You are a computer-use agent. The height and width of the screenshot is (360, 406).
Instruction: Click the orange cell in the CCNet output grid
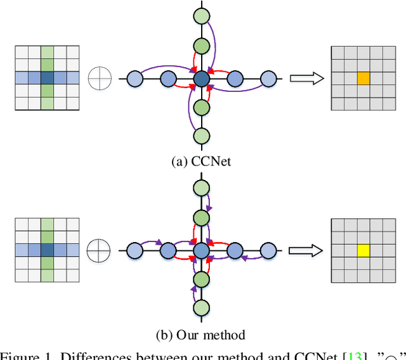tap(363, 78)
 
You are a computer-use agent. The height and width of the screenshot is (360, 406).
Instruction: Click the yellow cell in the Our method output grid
tap(363, 249)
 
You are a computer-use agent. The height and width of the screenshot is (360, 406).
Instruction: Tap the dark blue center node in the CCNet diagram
tap(201, 79)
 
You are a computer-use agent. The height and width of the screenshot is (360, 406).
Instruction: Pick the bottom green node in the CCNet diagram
tap(201, 136)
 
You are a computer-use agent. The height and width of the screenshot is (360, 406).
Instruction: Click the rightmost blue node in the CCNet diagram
tap(268, 79)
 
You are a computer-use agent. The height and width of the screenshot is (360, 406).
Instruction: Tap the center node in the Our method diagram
tap(201, 250)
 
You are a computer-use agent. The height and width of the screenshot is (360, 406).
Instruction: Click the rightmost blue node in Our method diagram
tap(268, 250)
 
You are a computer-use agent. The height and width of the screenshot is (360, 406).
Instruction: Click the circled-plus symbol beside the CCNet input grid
tap(100, 79)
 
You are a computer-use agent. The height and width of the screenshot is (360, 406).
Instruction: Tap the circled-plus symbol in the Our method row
tap(100, 249)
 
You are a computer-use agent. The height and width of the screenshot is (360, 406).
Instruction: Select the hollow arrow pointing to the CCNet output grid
tap(307, 79)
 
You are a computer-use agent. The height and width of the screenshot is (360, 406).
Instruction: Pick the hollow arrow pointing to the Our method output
tap(307, 250)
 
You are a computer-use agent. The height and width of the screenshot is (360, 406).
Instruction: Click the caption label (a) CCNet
tap(201, 161)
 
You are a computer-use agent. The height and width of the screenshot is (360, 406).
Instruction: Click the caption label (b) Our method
tap(201, 334)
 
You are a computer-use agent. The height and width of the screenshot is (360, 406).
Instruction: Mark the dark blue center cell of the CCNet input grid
tap(47, 78)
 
